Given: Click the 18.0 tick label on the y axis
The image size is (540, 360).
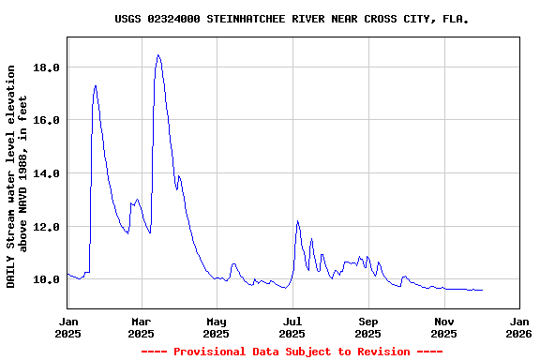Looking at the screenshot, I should pos(47,67).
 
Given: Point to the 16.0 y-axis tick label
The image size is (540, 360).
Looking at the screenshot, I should pos(47,120).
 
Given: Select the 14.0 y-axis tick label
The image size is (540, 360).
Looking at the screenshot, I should pos(47,173).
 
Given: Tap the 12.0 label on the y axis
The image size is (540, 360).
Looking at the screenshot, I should pos(47,227).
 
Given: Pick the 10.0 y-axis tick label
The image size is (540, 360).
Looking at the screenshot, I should pos(47,279).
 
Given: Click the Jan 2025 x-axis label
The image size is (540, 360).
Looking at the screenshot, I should pos(67,326).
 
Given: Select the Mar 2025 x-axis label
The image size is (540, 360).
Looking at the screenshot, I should pos(141,326).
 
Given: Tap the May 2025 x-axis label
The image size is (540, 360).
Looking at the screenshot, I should pos(217,326).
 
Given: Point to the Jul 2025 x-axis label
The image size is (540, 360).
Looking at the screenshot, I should pos(292,326).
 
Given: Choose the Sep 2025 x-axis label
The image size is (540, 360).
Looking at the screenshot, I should pos(368,326).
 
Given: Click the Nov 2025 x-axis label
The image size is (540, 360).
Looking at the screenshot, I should pos(444,326).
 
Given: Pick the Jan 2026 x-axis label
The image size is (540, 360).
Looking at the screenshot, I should pos(518,326).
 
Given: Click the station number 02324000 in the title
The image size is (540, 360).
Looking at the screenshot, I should pos(174,19).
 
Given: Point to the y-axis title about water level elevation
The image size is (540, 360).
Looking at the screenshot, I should pos(18,175).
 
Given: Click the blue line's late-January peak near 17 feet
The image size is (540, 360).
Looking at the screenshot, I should pos(96,85).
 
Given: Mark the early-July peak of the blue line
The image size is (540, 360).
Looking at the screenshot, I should pos(297,221).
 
